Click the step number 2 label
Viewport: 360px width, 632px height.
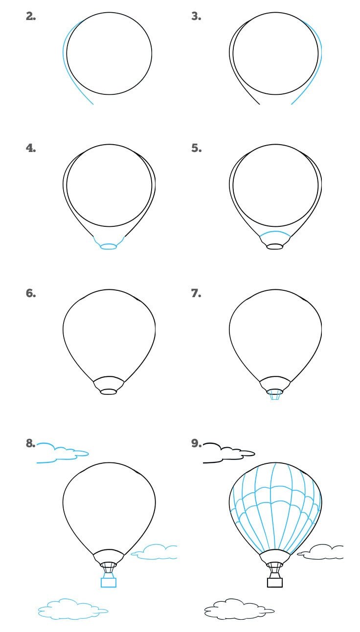pyautogui.click(x=31, y=16)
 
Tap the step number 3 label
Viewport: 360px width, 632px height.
pyautogui.click(x=196, y=16)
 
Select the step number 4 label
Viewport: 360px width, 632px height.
pyautogui.click(x=31, y=148)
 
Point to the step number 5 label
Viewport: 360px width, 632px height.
pyautogui.click(x=197, y=148)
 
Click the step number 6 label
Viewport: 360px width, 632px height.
pyautogui.click(x=31, y=293)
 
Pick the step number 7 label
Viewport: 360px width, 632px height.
pyautogui.click(x=196, y=293)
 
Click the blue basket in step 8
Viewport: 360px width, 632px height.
pyautogui.click(x=109, y=583)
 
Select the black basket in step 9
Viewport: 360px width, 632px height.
pyautogui.click(x=275, y=583)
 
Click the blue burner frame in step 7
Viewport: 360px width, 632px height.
pyautogui.click(x=275, y=395)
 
